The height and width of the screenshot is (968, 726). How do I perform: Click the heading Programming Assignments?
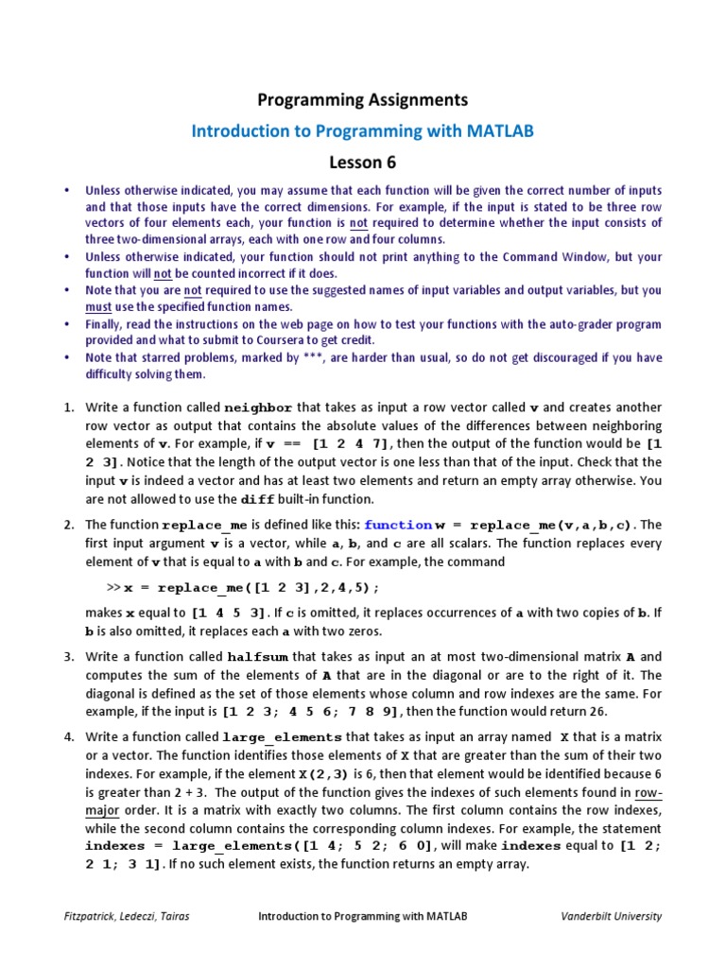tap(363, 99)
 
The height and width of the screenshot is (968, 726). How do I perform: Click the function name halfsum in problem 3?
tap(258, 657)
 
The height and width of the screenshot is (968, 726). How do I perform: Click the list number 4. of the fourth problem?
tap(69, 736)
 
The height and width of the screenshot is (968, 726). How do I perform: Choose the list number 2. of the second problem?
tap(69, 525)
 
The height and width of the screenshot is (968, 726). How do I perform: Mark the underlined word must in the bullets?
tap(98, 306)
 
